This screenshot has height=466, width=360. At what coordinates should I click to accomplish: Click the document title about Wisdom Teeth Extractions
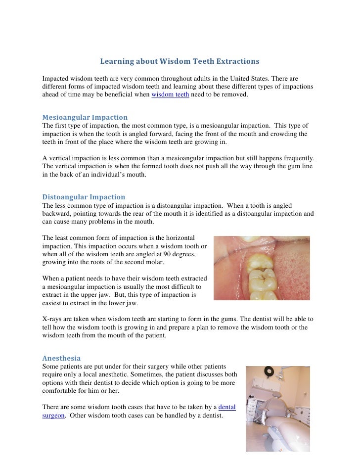[180, 62]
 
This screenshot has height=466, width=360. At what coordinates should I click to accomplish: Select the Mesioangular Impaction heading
[85, 117]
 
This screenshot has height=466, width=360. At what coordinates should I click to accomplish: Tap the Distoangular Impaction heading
[84, 197]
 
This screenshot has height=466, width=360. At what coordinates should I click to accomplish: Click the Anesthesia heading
[61, 358]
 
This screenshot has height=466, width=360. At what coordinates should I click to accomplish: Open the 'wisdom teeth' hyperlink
[170, 94]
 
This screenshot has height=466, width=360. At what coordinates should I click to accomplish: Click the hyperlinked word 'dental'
[226, 407]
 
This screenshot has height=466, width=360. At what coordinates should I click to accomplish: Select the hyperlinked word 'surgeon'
[53, 416]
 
